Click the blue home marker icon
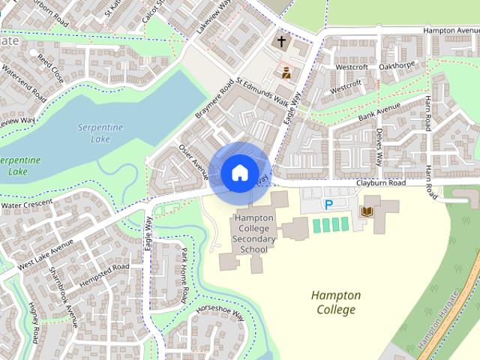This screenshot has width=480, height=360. coord(238,173)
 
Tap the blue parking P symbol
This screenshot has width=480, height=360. coord(328,204)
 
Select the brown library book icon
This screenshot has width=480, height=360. coord(367,211)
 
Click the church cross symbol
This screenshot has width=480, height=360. coord(282,42)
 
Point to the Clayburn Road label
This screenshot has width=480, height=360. coord(380,183)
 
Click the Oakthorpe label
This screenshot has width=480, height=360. coord(397,66)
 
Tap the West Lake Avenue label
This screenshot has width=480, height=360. coord(45,255)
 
